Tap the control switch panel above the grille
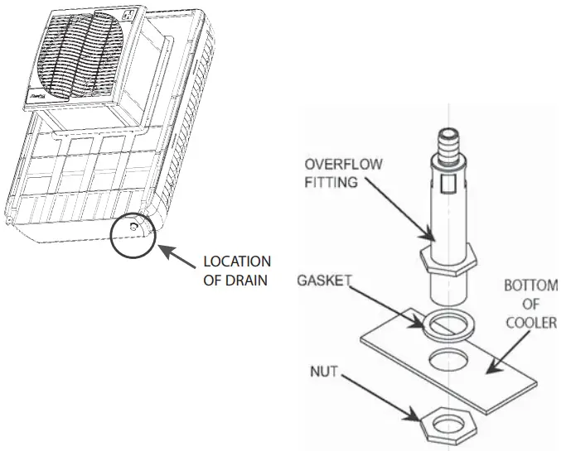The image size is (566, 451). pos(128,14)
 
